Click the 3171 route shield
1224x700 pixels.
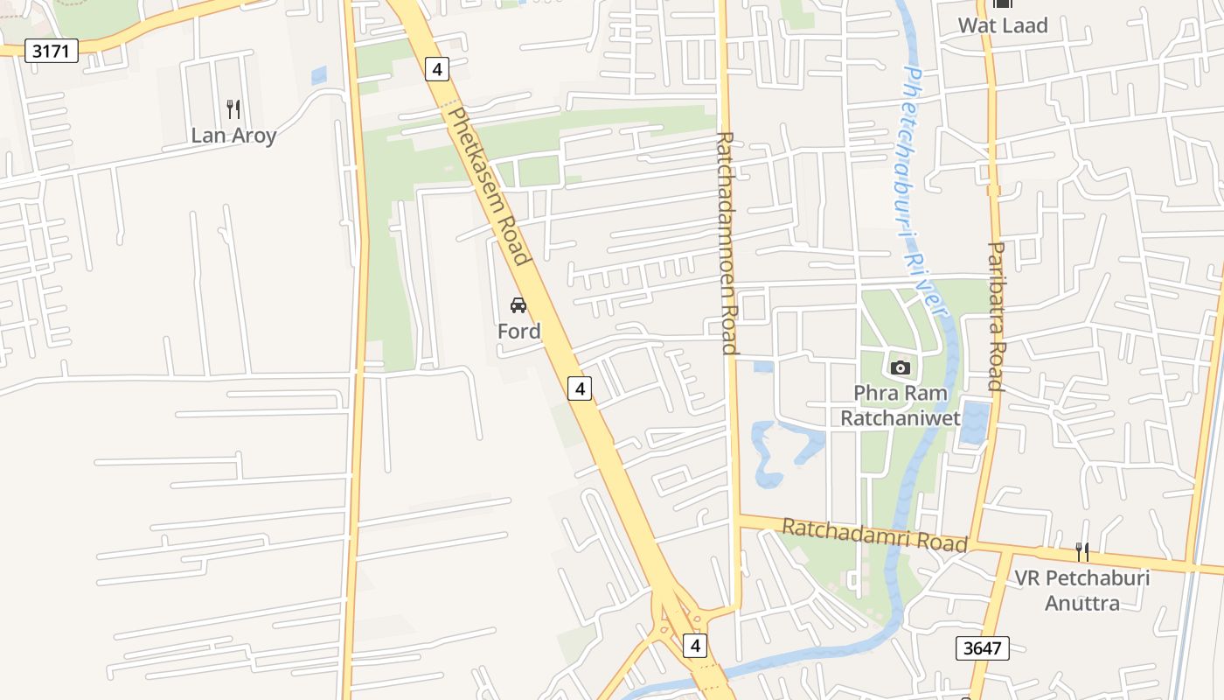point(51,51)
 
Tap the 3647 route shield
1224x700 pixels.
point(982,648)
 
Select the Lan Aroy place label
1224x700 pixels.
point(233,136)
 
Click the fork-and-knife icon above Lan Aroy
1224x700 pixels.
point(233,108)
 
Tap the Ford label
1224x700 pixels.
point(518,331)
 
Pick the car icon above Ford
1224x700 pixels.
point(518,305)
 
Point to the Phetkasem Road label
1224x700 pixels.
point(489,185)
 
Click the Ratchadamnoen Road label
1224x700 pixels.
point(727,242)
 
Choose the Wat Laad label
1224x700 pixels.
point(1002,25)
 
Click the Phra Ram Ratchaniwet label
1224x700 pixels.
point(901,405)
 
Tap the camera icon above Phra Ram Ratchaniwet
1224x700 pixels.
point(900,367)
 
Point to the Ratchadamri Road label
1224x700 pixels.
point(874,534)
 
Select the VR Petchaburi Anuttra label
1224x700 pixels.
point(1081,590)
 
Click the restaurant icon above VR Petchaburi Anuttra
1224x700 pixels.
point(1081,551)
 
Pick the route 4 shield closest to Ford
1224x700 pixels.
point(579,388)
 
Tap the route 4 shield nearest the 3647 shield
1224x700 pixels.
point(695,646)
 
